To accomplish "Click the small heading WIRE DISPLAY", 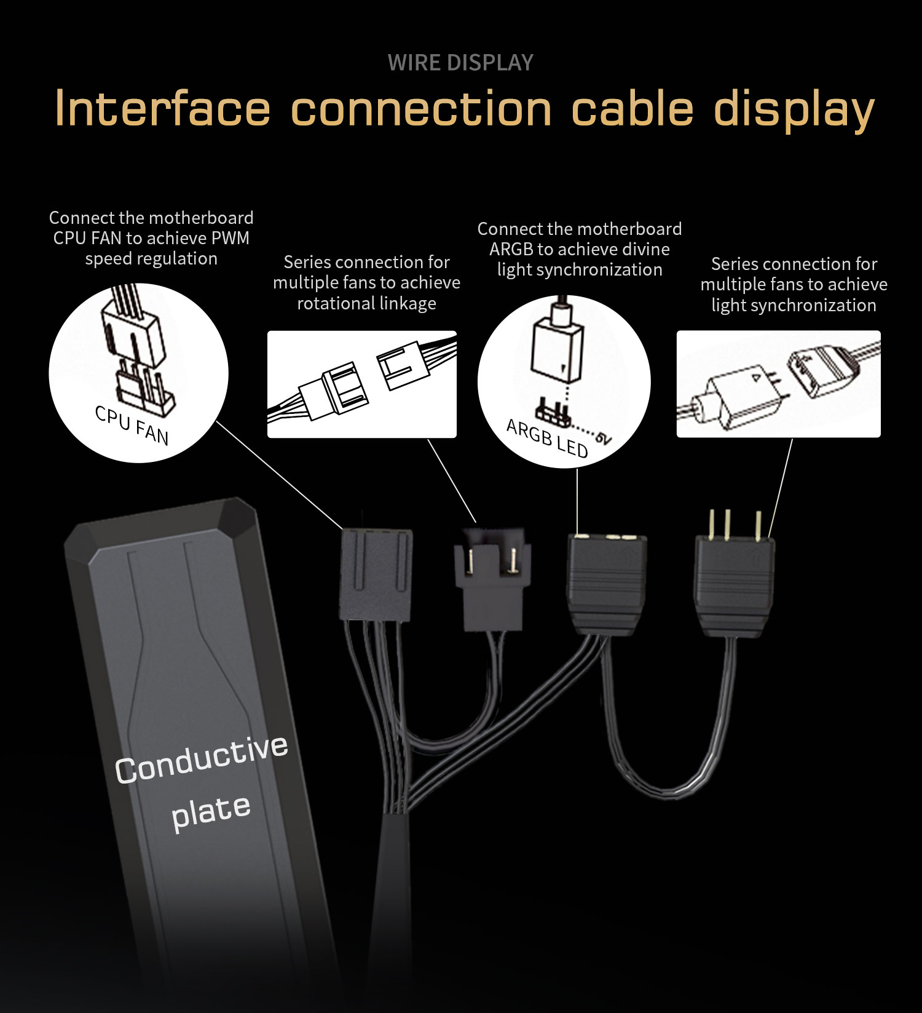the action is [x=460, y=63].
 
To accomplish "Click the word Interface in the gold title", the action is [x=162, y=109].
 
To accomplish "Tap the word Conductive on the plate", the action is [x=202, y=759].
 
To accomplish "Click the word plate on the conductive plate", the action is [x=211, y=812].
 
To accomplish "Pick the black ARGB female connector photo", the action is [x=607, y=584].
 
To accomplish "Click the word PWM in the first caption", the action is [x=230, y=238].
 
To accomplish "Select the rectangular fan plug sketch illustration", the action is [x=362, y=384].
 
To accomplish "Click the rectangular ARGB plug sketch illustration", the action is [x=779, y=384].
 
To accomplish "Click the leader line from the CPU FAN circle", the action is [x=280, y=475].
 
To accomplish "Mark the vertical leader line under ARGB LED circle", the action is [x=577, y=501].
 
